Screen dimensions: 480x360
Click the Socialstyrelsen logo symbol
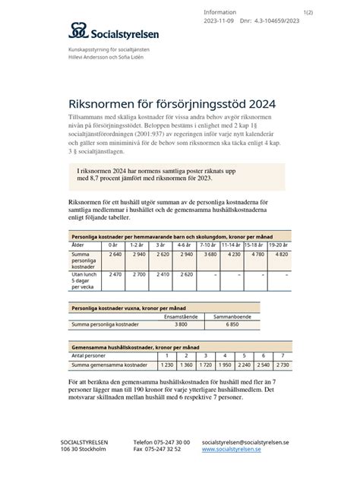point(77,31)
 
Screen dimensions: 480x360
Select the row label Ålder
point(77,245)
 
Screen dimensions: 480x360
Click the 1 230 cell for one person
point(168,365)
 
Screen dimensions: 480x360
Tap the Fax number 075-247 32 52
point(159,449)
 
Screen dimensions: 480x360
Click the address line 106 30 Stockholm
point(83,449)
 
